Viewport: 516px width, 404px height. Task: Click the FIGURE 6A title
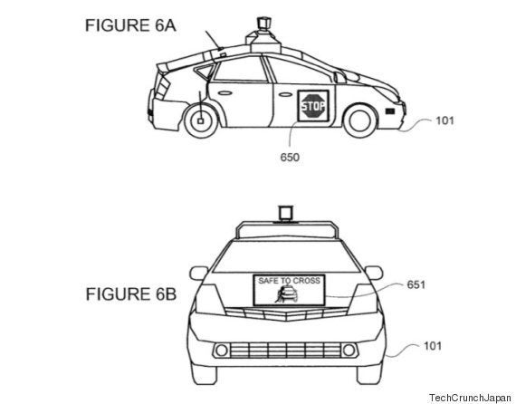coord(130,25)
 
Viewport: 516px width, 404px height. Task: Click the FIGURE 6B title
coord(131,293)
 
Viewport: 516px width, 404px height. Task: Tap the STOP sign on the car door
coord(313,106)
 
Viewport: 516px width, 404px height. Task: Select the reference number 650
coord(290,158)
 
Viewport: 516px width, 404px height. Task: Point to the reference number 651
coord(416,284)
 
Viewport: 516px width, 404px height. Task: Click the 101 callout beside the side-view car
coord(444,120)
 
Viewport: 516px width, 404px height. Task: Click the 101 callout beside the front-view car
coord(433,346)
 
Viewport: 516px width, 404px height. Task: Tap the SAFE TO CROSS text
coord(289,281)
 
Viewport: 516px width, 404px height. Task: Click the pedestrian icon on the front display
coord(280,295)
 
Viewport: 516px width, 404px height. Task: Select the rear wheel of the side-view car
coord(200,120)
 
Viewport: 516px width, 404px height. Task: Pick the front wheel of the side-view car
coord(360,120)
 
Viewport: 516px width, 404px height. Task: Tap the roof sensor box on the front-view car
coord(285,213)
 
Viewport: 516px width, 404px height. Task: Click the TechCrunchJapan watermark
coord(470,398)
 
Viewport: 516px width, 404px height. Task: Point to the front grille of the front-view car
coord(285,351)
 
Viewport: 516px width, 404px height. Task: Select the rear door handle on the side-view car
coord(224,93)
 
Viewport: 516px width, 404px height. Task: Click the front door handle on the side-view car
coord(285,95)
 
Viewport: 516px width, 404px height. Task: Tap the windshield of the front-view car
coord(286,257)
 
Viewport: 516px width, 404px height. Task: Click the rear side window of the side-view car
coord(241,70)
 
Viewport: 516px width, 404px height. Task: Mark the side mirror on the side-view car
coord(340,78)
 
